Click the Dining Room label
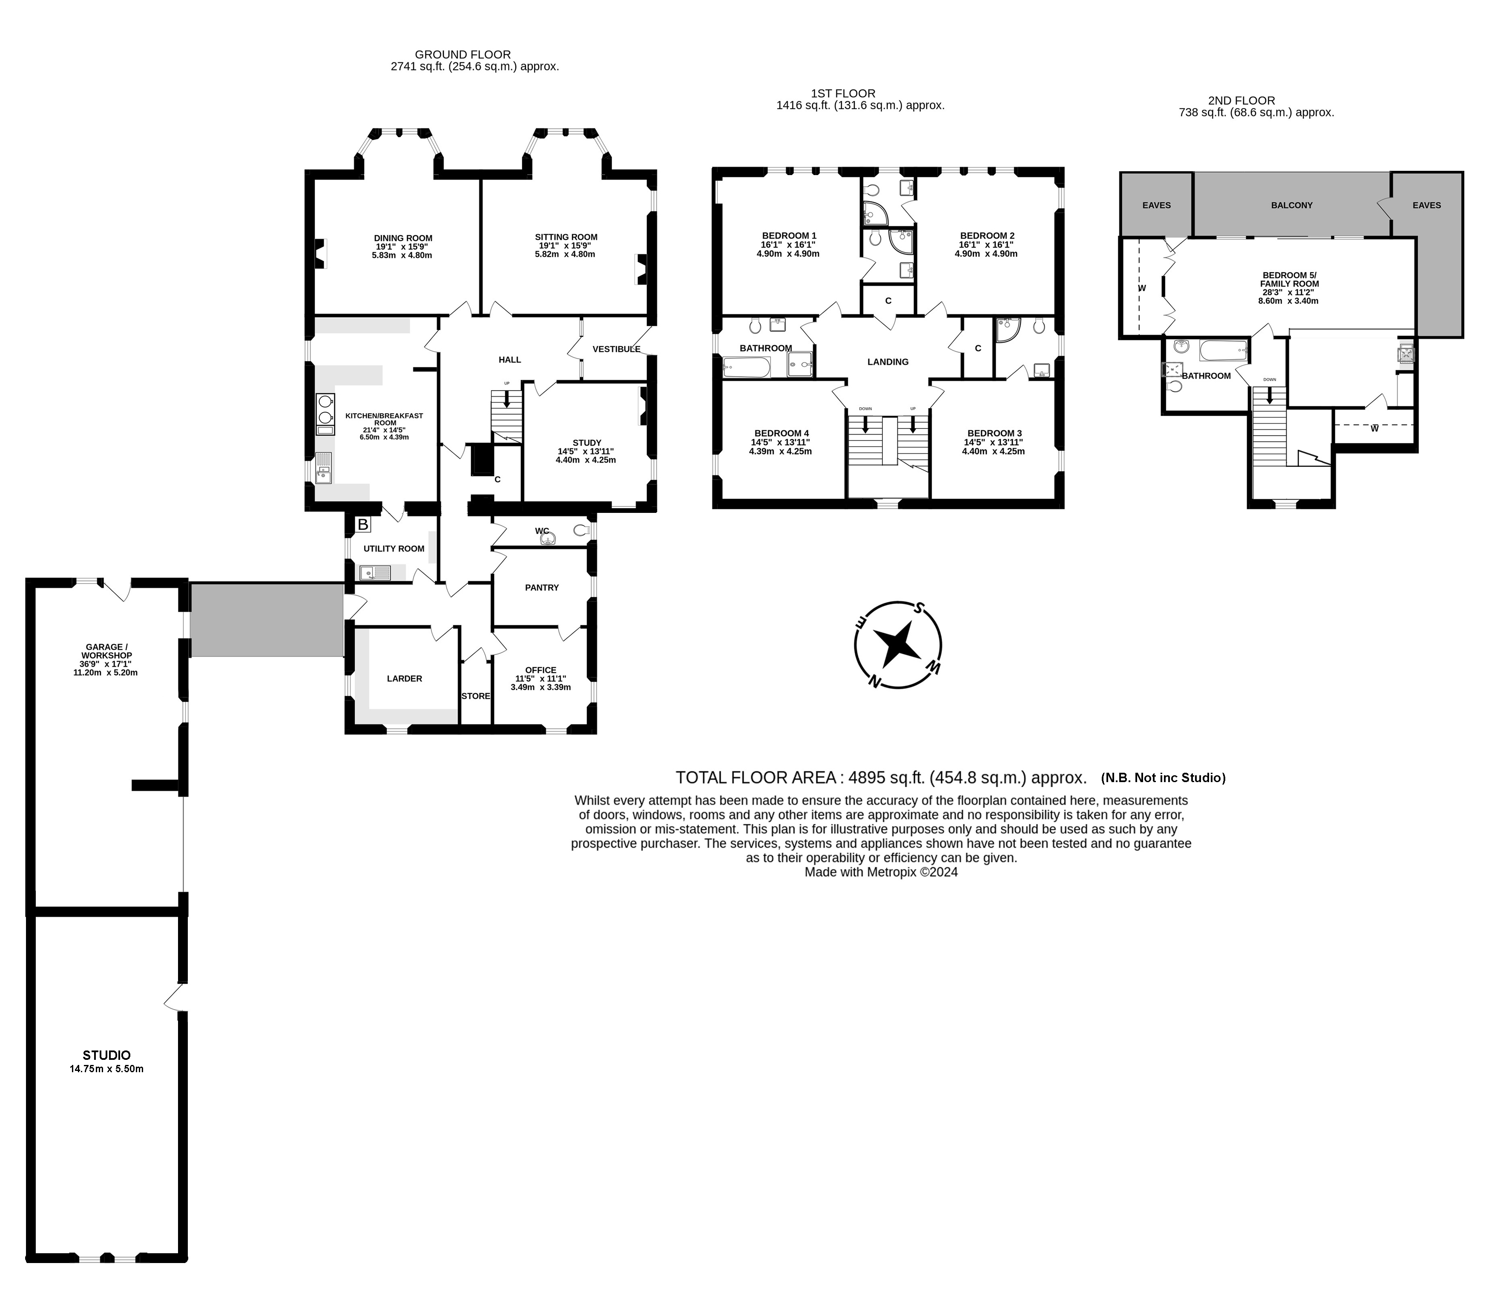pos(403,238)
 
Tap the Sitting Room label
pos(566,236)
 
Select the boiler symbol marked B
pos(363,524)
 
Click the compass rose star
pos(898,644)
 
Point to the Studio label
pos(107,1055)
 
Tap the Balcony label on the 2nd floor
pos(1291,205)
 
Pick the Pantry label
pos(541,587)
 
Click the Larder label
pos(405,678)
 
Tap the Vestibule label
pos(617,349)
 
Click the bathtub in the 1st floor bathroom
pos(747,368)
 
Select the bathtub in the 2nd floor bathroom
pos(1224,351)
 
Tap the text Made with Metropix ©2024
pos(881,872)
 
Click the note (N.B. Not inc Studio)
pos(1163,778)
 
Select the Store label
pos(476,696)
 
